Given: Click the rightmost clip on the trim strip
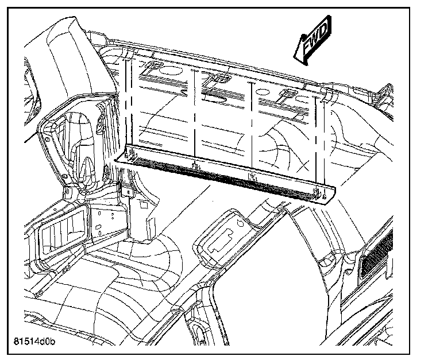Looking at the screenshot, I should click(315, 192).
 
